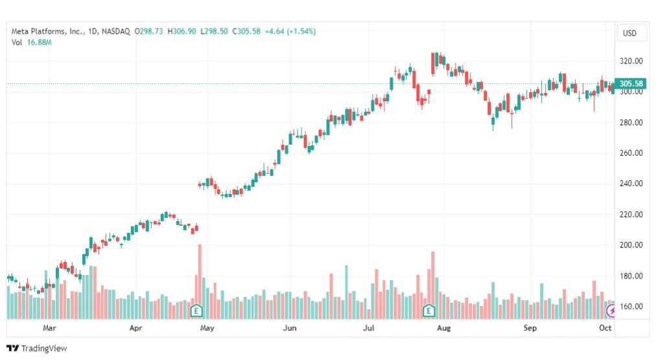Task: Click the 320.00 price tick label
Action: pos(631,61)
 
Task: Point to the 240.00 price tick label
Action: pos(631,184)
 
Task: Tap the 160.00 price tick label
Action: pos(631,306)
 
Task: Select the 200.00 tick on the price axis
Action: pos(631,245)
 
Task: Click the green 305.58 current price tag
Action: pos(631,84)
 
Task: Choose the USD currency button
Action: pos(629,33)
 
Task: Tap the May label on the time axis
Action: pos(207,328)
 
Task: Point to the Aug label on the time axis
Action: pos(443,328)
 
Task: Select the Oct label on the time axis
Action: pos(605,328)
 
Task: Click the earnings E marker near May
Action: pos(196,311)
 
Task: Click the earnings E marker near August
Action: pos(428,311)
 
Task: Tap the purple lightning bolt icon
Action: pos(610,311)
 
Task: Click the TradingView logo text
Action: pos(43,348)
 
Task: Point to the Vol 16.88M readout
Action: pos(31,42)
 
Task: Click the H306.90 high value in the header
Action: pos(182,31)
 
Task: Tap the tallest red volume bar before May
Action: pos(200,279)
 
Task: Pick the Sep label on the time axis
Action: pos(530,328)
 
